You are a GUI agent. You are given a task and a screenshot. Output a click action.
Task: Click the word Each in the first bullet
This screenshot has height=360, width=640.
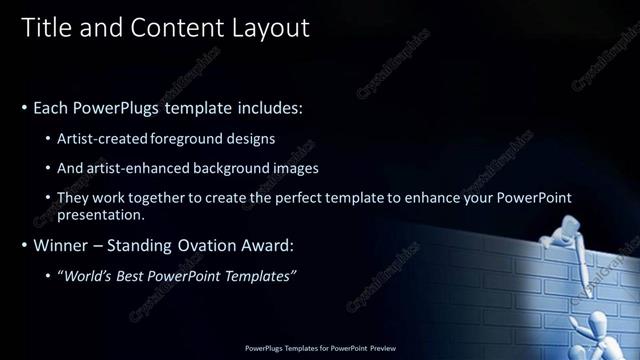point(51,106)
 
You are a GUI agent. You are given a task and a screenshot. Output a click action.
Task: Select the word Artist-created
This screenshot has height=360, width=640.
point(113,138)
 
